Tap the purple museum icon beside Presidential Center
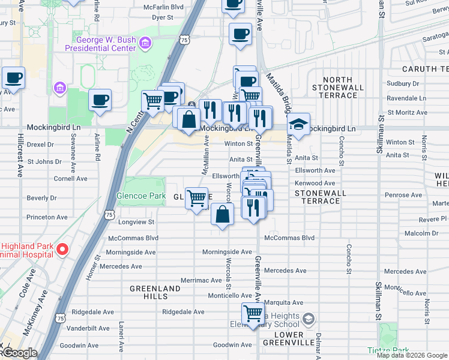point(144,43)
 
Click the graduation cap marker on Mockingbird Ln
point(298,124)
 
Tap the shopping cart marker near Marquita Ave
point(253,313)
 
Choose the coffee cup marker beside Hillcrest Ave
point(13,77)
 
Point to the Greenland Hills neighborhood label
point(155,293)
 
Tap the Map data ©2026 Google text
point(411,355)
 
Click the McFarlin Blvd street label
point(163,7)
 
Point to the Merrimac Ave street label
point(202,280)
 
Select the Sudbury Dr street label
point(402,84)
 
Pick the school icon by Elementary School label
point(309,317)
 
